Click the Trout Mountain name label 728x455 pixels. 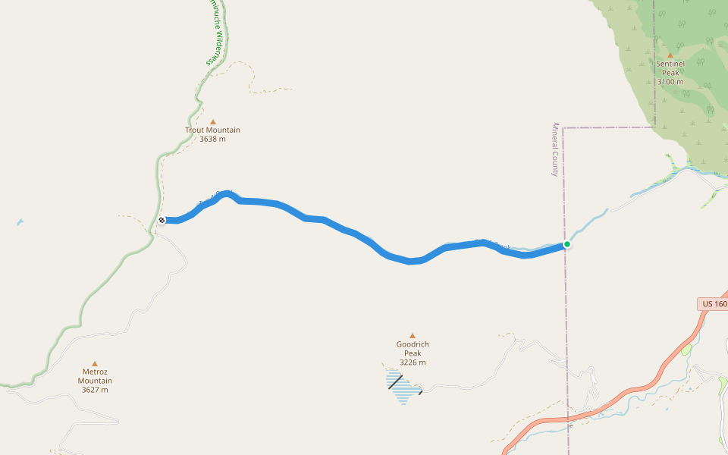coord(212,130)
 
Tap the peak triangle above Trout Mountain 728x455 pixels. coord(213,121)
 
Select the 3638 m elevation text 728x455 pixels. coord(212,139)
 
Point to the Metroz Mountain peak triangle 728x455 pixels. coord(95,363)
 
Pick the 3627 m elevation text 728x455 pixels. coord(95,390)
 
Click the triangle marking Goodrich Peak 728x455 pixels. coord(413,335)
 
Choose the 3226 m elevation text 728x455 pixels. coord(413,362)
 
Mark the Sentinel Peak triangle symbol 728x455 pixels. coord(670,55)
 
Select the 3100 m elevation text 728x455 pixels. coord(670,82)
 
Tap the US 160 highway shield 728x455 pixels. coord(714,304)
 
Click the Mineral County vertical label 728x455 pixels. coord(555,149)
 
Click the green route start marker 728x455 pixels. coord(566,244)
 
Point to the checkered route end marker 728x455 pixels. coord(162,220)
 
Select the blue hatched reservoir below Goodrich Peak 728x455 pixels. coord(403,387)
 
